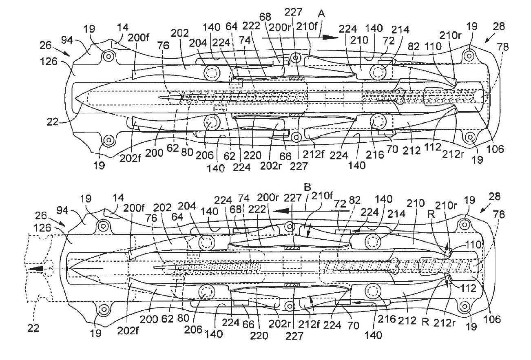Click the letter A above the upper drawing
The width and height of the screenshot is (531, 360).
tap(321, 14)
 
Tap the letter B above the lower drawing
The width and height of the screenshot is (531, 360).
tap(307, 188)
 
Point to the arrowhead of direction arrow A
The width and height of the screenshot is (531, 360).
tap(330, 37)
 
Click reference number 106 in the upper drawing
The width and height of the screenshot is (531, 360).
tap(495, 149)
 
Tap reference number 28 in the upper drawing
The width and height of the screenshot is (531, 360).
tap(499, 27)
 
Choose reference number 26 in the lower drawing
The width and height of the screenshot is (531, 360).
tap(41, 216)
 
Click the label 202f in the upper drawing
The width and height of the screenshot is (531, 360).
tap(130, 158)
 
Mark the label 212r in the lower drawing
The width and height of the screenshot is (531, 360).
tap(444, 323)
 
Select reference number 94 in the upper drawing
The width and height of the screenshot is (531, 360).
tap(67, 40)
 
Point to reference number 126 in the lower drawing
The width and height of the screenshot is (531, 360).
tap(42, 228)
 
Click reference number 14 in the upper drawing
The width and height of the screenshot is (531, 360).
tap(123, 27)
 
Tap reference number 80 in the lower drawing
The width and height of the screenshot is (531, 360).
tap(183, 318)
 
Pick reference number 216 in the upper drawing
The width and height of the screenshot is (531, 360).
tap(375, 155)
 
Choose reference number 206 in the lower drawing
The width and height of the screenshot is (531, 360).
tap(193, 330)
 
